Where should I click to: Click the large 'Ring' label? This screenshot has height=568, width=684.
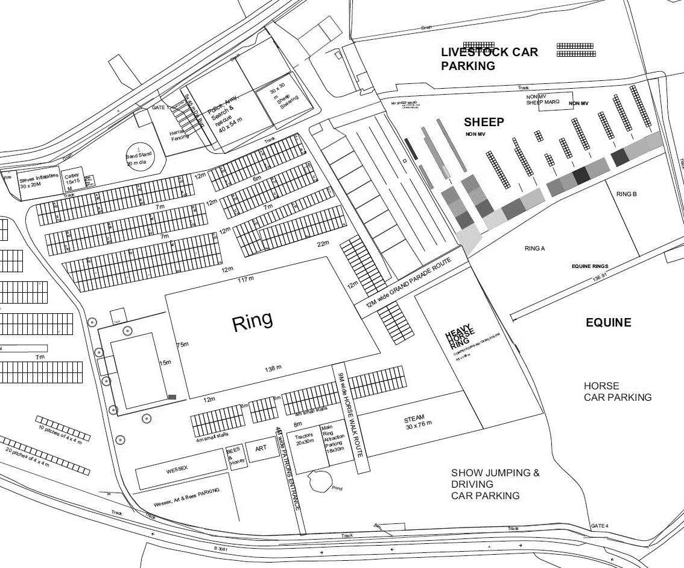pyautogui.click(x=252, y=321)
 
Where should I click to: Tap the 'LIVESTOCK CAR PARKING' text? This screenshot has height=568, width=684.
pyautogui.click(x=489, y=59)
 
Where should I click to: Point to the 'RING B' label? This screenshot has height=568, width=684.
pyautogui.click(x=627, y=194)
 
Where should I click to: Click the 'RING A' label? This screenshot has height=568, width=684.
pyautogui.click(x=534, y=248)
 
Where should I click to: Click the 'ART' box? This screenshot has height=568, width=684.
pyautogui.click(x=261, y=449)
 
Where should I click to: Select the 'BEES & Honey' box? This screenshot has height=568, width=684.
pyautogui.click(x=234, y=457)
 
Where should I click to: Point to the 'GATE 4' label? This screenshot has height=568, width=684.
pyautogui.click(x=599, y=526)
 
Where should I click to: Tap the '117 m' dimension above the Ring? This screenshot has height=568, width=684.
pyautogui.click(x=246, y=279)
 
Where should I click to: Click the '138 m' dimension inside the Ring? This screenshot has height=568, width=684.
pyautogui.click(x=273, y=368)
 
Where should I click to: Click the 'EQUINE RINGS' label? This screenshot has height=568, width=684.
pyautogui.click(x=589, y=266)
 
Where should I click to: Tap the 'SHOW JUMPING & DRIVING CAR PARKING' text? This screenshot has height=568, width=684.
pyautogui.click(x=495, y=484)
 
